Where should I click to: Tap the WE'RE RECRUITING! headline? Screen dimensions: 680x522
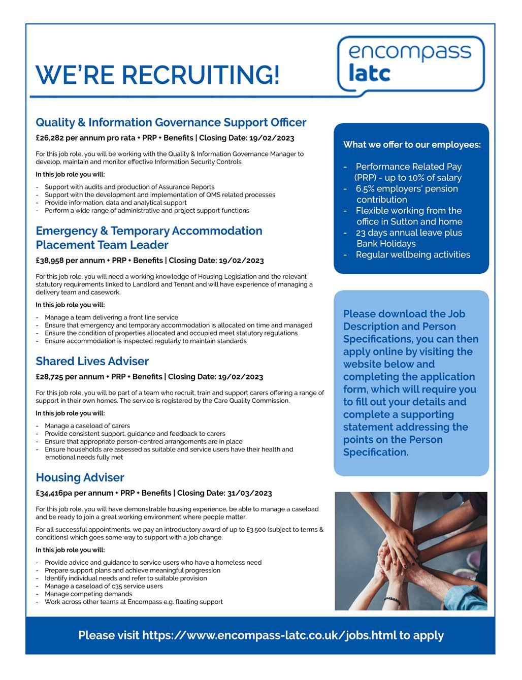tap(157, 75)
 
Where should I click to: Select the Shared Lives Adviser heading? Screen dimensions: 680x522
tap(92, 362)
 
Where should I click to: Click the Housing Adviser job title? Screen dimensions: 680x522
tap(80, 478)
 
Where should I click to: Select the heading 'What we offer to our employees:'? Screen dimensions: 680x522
tap(412, 145)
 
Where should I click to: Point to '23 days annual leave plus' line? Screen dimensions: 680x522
tap(409, 233)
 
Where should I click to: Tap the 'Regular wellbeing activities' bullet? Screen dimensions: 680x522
tap(413, 255)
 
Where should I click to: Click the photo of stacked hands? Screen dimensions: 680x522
tap(411, 551)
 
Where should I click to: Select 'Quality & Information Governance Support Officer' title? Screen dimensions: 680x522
tap(171, 123)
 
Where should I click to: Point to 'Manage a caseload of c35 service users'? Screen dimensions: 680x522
tap(104, 586)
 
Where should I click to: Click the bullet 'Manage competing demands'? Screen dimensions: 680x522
tap(88, 594)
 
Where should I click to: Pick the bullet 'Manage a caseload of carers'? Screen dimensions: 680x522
tap(87, 426)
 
